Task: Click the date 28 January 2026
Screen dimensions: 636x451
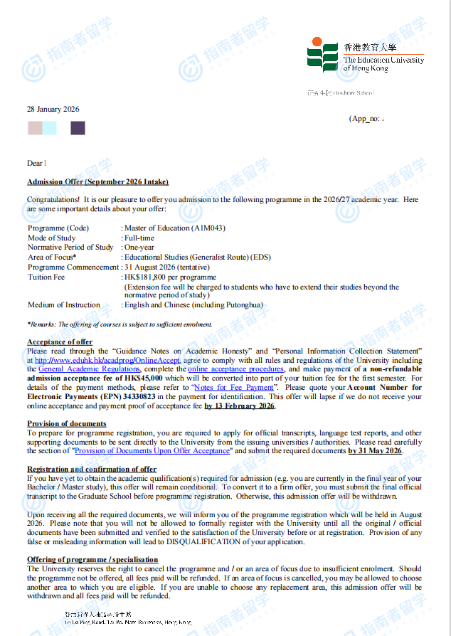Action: point(53,110)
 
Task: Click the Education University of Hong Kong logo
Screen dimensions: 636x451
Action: point(365,55)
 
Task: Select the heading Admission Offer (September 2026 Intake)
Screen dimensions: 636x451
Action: point(97,182)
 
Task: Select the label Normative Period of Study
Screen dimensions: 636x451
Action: point(70,248)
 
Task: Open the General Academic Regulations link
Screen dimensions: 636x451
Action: point(89,369)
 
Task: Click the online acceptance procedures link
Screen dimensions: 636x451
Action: point(235,369)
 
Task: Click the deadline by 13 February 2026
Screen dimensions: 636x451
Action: point(239,406)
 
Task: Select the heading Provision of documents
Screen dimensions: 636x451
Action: point(67,424)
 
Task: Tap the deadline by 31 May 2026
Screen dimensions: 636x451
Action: point(375,451)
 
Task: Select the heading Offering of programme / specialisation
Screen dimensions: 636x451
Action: point(92,560)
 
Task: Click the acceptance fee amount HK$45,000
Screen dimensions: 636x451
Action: point(142,378)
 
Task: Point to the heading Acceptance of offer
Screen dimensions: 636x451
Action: point(60,342)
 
